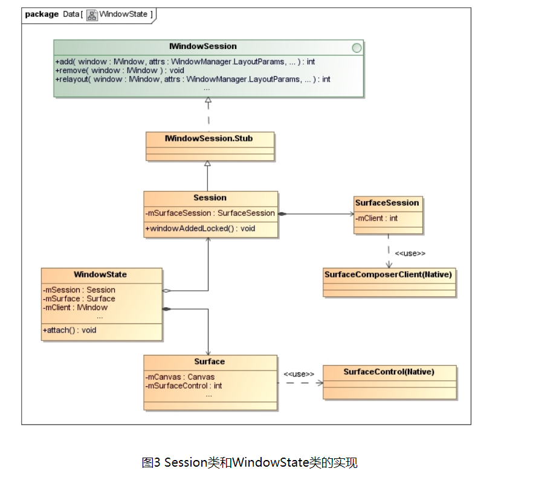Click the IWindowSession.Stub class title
209,138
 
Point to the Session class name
210,198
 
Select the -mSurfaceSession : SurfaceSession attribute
210,213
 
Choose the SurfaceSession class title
387,203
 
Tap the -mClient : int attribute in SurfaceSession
376,218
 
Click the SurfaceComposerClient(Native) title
388,274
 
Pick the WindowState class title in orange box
100,274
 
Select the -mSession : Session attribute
79,290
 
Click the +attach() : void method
69,330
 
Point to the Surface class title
209,361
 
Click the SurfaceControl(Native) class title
389,372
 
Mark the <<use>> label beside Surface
299,374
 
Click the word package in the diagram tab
42,14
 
